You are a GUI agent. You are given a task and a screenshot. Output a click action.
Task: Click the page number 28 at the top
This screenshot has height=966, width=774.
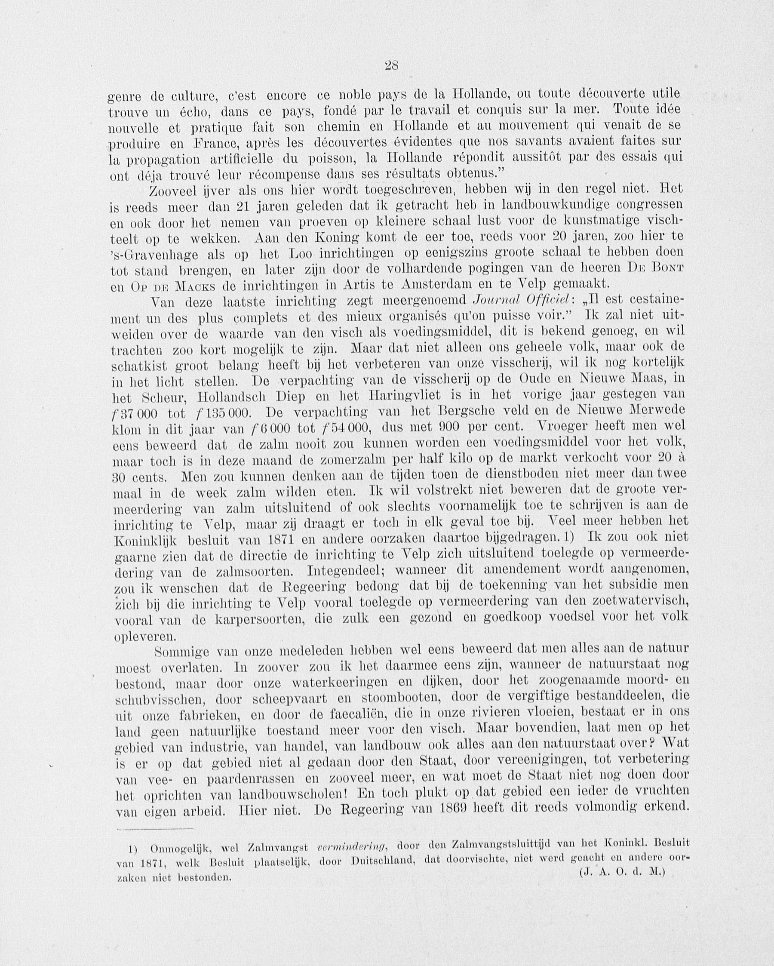tap(391, 66)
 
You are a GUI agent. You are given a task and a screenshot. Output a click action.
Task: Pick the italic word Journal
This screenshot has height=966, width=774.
tap(491, 300)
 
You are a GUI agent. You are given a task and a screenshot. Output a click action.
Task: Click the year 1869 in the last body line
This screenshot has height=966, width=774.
tap(450, 809)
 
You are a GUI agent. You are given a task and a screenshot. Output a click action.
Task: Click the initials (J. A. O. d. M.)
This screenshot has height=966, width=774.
tap(622, 872)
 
